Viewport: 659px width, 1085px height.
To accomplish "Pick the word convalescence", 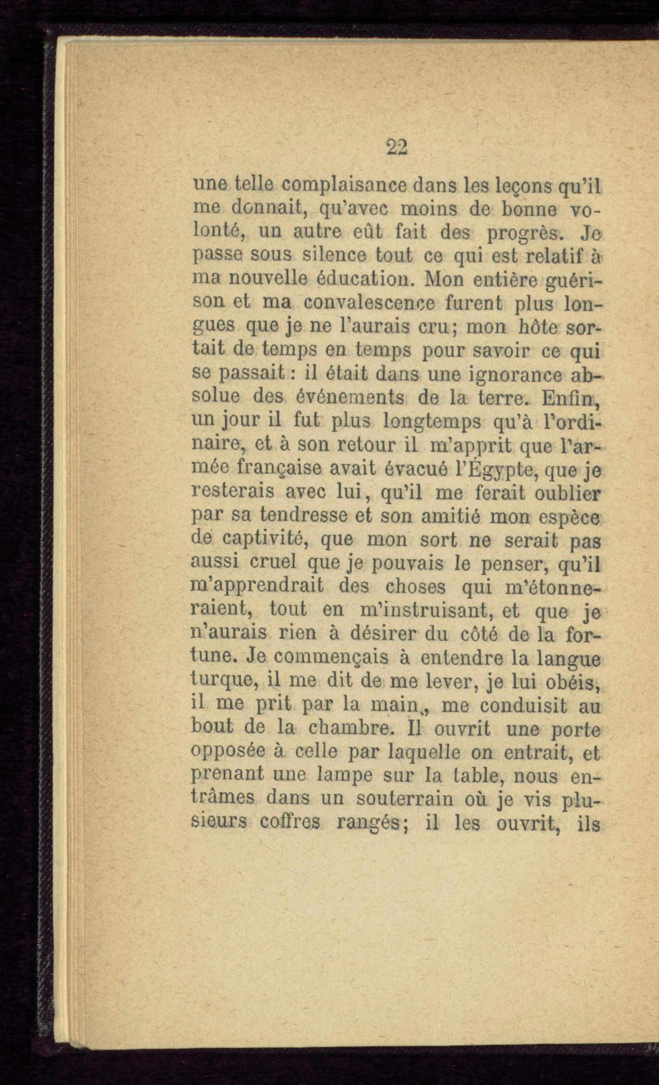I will (369, 303).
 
